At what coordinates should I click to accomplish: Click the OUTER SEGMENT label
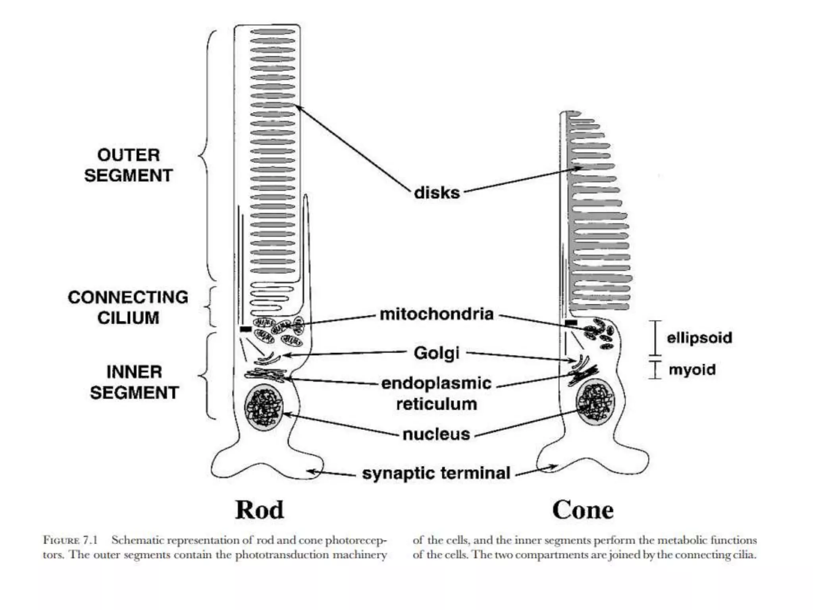(128, 165)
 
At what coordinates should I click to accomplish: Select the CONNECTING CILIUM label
(128, 307)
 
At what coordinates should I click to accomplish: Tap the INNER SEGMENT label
(134, 382)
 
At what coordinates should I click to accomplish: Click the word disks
(437, 193)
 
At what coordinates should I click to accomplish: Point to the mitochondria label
(437, 314)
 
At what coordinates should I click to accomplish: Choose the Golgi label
(436, 353)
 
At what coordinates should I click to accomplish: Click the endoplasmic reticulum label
(436, 393)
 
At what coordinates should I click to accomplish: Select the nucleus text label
(436, 434)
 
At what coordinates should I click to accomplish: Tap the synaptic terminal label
(436, 473)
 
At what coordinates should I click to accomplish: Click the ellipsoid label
(699, 338)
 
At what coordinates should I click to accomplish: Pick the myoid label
(692, 370)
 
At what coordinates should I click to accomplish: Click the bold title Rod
(260, 510)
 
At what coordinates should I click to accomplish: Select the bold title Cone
(582, 510)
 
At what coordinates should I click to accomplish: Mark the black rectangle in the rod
(246, 329)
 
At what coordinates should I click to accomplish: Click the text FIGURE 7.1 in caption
(70, 541)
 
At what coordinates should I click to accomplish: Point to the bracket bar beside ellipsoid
(655, 338)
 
